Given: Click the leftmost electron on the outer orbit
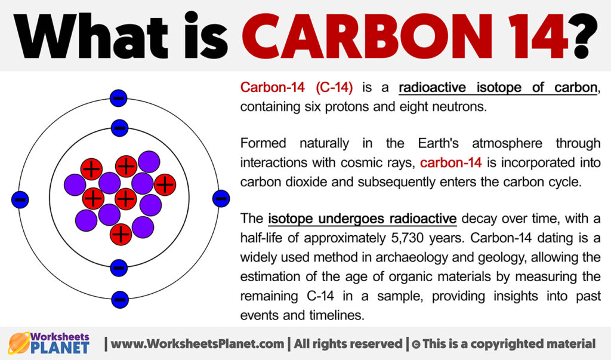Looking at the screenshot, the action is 20,199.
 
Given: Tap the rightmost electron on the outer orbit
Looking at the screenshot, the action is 221,199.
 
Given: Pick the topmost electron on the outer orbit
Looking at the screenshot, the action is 119,97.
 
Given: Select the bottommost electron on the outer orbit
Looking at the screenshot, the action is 119,300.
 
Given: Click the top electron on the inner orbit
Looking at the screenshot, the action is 119,128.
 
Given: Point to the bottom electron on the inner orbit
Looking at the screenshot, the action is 119,268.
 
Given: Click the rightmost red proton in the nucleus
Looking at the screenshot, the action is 165,184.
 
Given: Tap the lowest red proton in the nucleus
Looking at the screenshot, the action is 121,235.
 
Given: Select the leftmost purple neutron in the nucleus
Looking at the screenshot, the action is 75,185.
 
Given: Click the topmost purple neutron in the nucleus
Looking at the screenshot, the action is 149,161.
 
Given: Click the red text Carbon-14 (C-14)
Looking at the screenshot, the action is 297,87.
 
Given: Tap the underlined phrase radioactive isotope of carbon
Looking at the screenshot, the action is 498,88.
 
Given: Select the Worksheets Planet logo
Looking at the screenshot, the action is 49,343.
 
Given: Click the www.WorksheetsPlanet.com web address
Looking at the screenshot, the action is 197,344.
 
